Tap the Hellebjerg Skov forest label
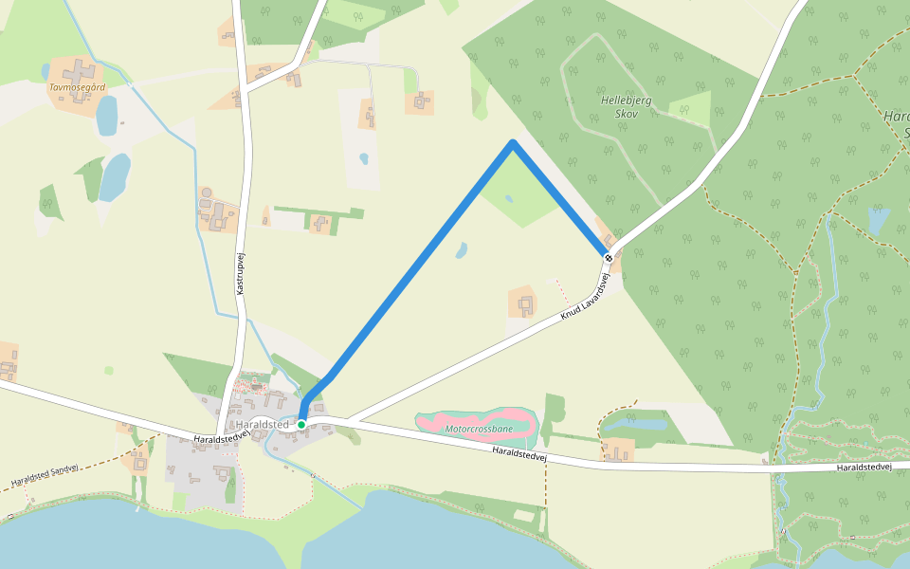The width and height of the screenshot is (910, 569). [620, 106]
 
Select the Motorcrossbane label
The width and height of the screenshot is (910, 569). [479, 429]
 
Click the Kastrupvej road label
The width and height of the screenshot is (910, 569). [240, 272]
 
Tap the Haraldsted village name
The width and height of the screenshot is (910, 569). [263, 424]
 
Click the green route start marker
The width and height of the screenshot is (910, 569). [301, 424]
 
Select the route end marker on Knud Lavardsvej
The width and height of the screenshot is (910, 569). [608, 258]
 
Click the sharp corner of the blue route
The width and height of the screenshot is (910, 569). [513, 144]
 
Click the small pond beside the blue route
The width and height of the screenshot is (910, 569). [462, 250]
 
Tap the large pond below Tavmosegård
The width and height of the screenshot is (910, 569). [115, 177]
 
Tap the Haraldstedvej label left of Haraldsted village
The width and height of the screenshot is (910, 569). [221, 438]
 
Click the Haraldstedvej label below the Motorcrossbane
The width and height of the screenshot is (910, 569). [519, 455]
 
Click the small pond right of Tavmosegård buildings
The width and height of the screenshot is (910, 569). [106, 115]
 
